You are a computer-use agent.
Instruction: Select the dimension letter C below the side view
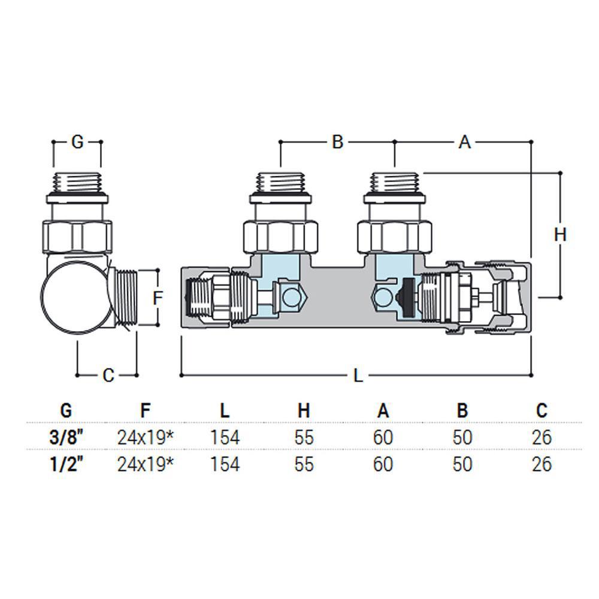coord(108,376)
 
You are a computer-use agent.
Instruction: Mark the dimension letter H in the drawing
coord(560,235)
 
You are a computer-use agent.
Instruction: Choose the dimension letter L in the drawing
coord(358,376)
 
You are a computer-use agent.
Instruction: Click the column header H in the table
coord(304,411)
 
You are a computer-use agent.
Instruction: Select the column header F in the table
coord(145,411)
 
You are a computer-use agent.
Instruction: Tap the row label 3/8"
coord(66,437)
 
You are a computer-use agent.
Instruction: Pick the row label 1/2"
coord(66,464)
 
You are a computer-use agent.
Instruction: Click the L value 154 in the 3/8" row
coord(225,437)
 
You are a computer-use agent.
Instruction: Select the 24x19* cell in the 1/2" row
coord(145,464)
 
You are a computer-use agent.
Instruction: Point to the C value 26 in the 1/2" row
coord(541,464)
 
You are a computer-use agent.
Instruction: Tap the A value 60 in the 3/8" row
coord(383,437)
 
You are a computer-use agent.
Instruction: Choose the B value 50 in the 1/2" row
coord(462,464)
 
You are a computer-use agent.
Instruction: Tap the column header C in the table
coord(541,411)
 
